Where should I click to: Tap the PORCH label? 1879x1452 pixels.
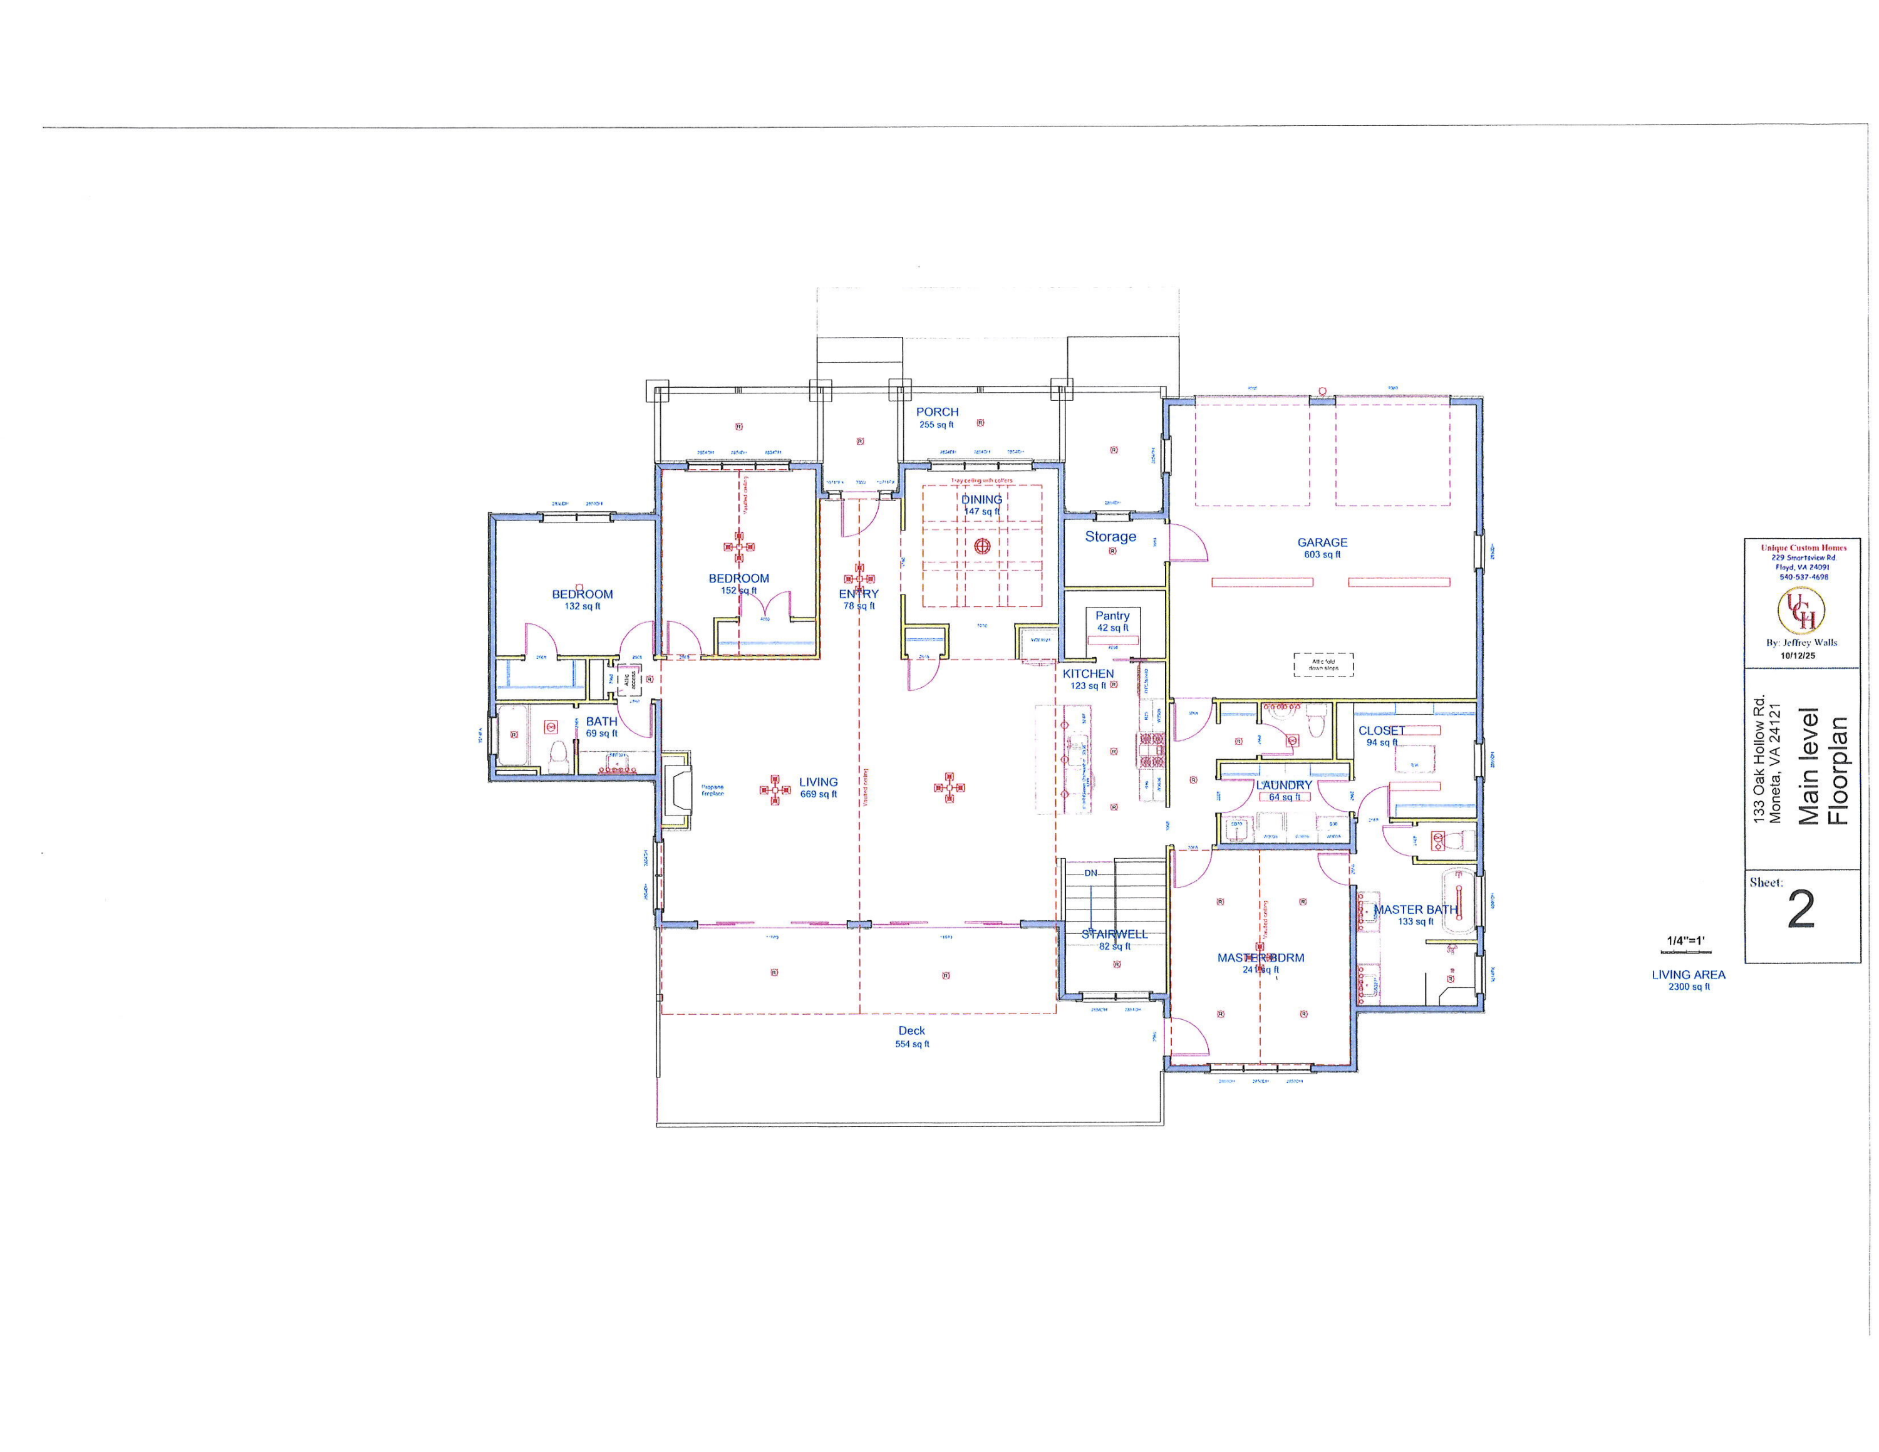point(937,413)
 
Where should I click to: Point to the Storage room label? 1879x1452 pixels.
point(1110,537)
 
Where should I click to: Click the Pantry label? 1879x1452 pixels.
point(1112,616)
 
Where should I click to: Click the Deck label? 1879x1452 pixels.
point(911,1030)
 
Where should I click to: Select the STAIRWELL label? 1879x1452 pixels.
point(1114,934)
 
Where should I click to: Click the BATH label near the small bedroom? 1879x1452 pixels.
point(601,722)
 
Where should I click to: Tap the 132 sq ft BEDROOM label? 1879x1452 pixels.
point(582,594)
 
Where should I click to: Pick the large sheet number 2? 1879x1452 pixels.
point(1801,909)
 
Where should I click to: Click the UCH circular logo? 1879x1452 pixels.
point(1801,610)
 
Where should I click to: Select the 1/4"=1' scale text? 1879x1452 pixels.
point(1685,941)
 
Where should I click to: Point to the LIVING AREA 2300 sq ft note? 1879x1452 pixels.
point(1688,980)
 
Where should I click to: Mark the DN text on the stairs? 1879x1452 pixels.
point(1091,873)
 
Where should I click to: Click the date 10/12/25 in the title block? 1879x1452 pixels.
point(1798,655)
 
